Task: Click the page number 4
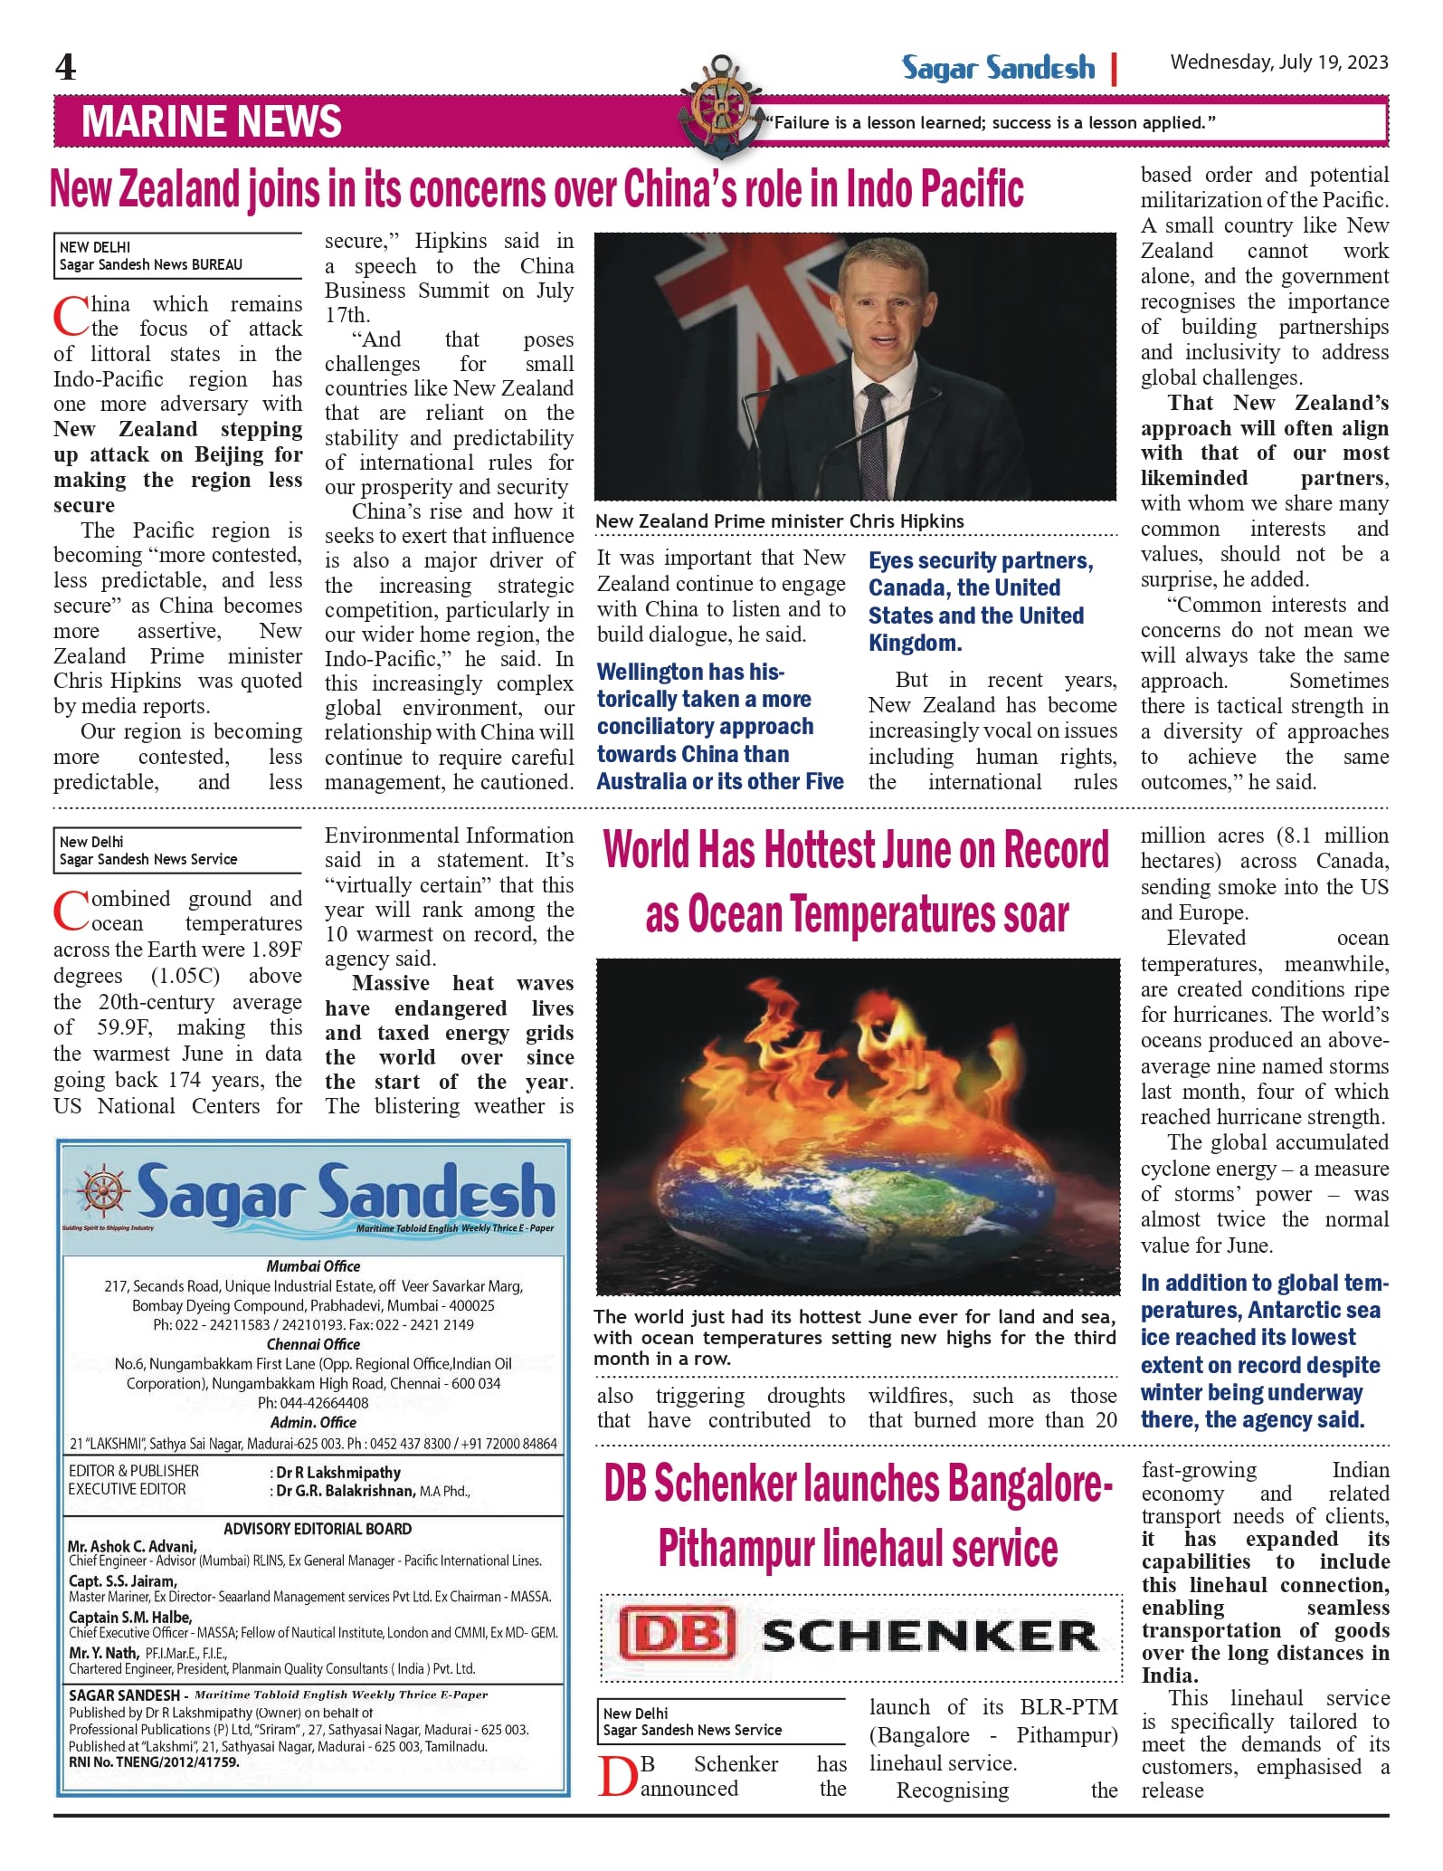pos(65,67)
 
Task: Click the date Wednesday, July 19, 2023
pos(1278,62)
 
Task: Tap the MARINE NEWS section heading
pos(212,121)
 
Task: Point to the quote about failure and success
pos(990,122)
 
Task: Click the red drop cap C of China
pos(70,316)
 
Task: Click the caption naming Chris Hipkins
pos(779,521)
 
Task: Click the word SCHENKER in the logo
pos(929,1636)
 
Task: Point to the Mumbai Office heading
pos(313,1266)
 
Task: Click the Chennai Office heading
pos(313,1344)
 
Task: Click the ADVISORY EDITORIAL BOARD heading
pos(318,1529)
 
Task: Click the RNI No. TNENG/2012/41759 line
pos(154,1762)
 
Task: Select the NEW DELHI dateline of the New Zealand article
pos(95,247)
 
